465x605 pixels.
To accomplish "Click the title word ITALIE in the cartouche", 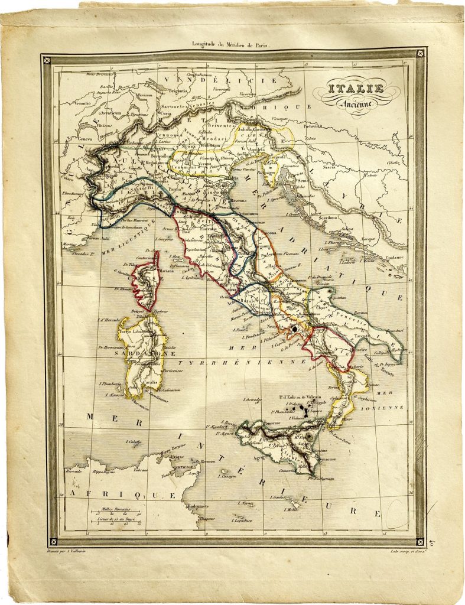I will coord(356,89).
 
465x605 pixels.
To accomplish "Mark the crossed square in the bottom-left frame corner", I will coord(54,540).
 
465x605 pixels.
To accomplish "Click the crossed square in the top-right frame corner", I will coord(420,53).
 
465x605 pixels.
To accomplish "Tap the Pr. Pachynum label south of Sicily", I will coord(323,479).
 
